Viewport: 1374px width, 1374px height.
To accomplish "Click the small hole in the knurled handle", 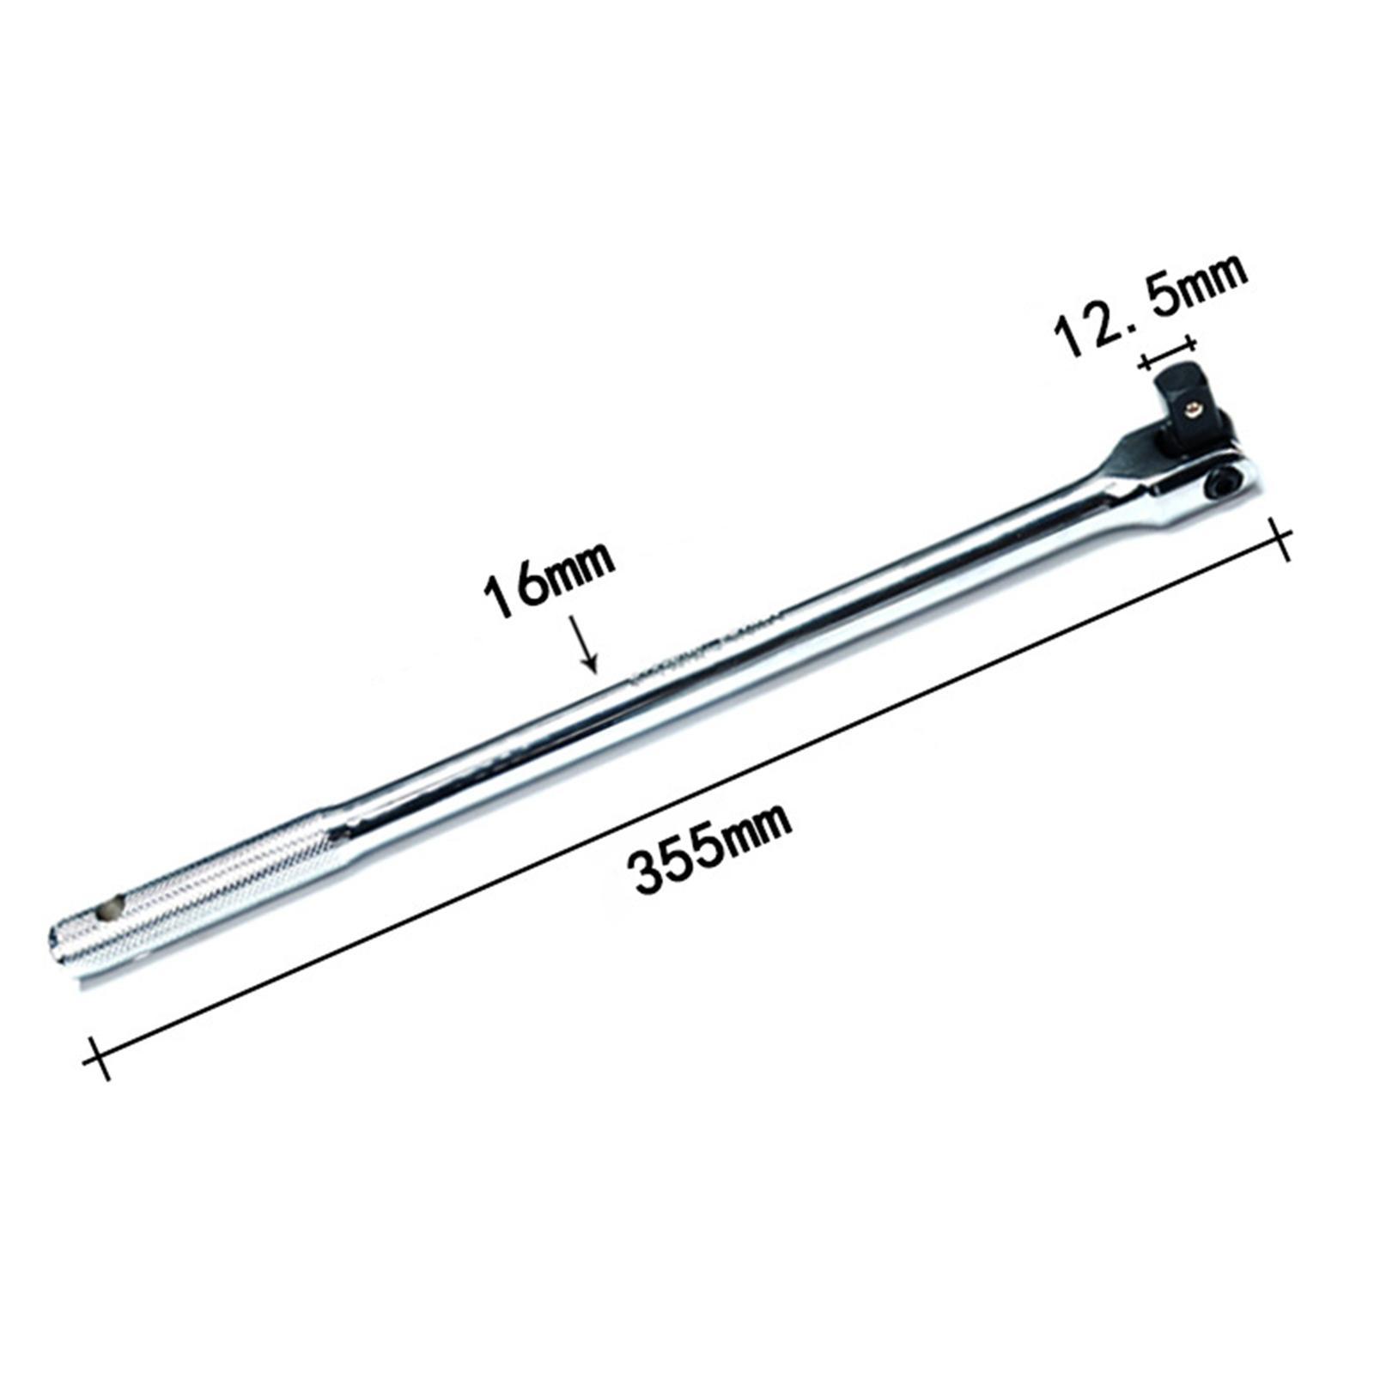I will click(x=109, y=909).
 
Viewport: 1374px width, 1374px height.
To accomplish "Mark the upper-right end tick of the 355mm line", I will click(x=1280, y=540).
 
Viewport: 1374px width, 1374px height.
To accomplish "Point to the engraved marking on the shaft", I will click(x=704, y=648).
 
